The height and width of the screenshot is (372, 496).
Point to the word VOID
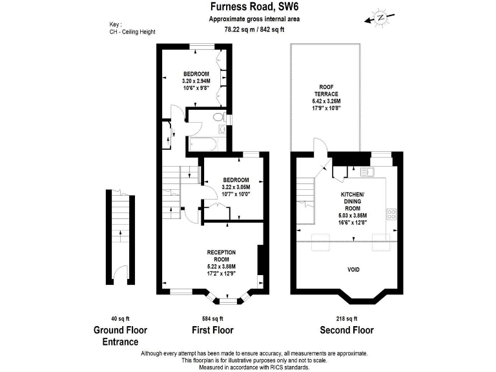pos(353,269)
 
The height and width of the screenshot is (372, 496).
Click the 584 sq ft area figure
pos(212,318)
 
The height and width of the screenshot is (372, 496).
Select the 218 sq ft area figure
pos(347,318)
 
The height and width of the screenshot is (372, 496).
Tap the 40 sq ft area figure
pos(119,318)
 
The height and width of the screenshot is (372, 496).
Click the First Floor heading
pos(212,330)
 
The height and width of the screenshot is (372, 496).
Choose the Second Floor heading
pos(347,330)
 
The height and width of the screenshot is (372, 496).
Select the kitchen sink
pos(366,172)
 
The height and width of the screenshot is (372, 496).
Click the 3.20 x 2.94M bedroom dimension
pos(196,81)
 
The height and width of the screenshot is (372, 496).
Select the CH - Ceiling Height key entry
pos(132,32)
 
